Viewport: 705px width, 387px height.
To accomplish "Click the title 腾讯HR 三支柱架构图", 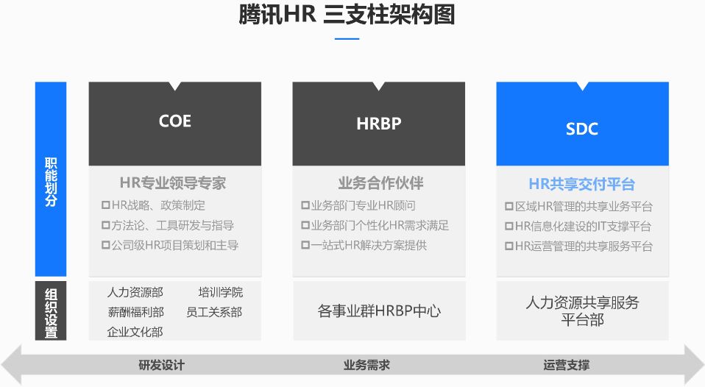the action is point(347,15).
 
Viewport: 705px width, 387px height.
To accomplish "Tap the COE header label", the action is point(175,121).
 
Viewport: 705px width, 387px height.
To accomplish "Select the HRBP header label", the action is point(378,124).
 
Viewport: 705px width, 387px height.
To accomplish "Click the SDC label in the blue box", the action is point(582,129).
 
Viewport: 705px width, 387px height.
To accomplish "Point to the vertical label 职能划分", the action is point(51,182).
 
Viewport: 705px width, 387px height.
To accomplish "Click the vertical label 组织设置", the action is point(51,313).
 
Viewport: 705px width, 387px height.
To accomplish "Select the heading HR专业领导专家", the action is point(173,183).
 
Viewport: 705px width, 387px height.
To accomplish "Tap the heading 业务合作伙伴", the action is point(380,183).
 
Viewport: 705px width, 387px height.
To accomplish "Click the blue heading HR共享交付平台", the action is point(582,184).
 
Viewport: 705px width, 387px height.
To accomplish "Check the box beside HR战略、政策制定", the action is point(106,205).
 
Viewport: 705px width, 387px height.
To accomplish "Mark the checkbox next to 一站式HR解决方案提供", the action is point(305,245).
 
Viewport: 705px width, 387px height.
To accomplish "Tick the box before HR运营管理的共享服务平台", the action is point(509,246).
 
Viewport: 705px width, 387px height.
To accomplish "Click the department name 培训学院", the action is point(220,293).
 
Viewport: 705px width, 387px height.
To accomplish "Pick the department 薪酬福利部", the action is point(136,312).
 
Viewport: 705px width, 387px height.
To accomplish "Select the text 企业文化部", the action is point(135,332).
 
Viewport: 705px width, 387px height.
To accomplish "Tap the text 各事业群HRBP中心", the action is point(379,310).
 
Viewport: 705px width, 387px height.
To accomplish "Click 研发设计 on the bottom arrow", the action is point(161,365).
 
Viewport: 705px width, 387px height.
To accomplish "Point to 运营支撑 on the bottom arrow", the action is point(566,365).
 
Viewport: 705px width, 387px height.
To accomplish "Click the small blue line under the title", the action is point(347,39).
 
